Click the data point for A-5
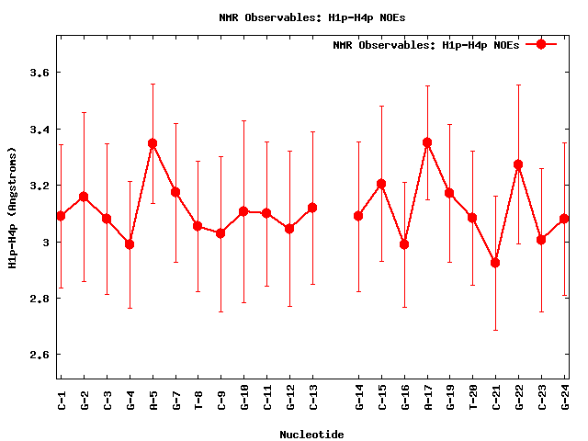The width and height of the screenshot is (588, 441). [x=153, y=143]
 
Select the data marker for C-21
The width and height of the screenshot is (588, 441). [x=495, y=263]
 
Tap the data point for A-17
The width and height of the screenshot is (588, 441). [x=427, y=142]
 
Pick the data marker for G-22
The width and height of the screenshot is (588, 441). [x=518, y=164]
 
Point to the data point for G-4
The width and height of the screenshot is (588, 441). [x=130, y=244]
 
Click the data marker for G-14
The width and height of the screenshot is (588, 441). [x=358, y=216]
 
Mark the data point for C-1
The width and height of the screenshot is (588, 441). [x=61, y=216]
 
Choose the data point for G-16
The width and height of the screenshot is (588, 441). [x=404, y=244]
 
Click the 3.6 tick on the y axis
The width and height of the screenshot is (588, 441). [x=42, y=73]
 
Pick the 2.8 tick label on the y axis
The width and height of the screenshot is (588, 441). [x=42, y=299]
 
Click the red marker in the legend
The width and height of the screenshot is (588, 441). [x=541, y=44]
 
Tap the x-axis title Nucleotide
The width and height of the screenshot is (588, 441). [x=312, y=433]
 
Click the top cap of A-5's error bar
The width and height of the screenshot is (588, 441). [x=153, y=84]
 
